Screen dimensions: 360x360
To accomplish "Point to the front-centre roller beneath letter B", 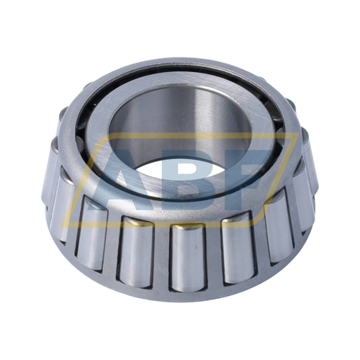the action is click(x=188, y=257).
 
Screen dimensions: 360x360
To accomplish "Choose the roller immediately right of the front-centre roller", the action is click(x=240, y=250).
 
